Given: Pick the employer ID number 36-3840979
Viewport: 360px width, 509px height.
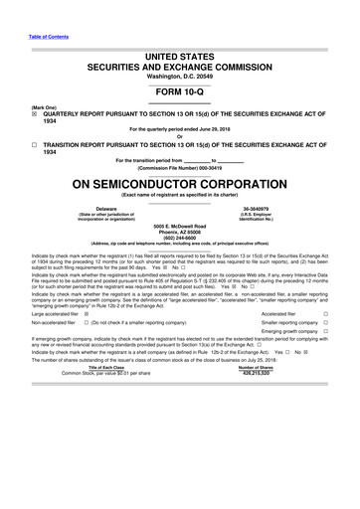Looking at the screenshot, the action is pos(257,209).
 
